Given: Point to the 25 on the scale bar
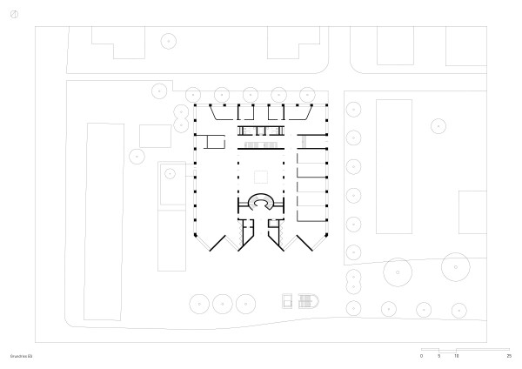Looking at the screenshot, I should tap(509, 356).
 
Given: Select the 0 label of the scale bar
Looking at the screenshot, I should tap(421, 356).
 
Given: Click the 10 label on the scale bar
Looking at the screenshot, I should tap(456, 356).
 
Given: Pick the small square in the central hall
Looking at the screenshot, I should tap(260, 175).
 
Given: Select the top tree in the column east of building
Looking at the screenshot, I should tap(353, 109).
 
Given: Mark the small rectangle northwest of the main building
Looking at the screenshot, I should tap(156, 135).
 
